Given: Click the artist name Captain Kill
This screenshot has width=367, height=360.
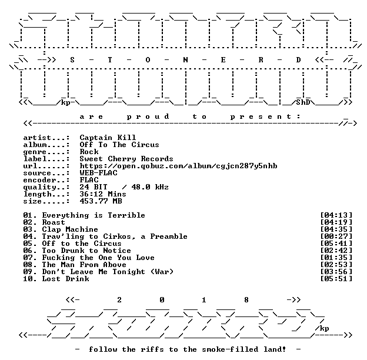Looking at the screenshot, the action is (108, 138).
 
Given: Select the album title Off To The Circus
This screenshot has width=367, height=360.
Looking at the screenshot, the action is (119, 145).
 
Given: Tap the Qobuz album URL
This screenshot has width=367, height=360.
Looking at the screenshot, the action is (178, 166).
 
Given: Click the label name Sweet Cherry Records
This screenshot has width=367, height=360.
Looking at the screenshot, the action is (126, 159).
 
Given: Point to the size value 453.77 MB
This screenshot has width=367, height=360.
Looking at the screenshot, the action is (101, 201).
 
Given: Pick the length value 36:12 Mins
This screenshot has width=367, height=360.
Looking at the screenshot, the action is (103, 194).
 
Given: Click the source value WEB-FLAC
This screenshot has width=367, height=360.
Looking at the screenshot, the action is (98, 173).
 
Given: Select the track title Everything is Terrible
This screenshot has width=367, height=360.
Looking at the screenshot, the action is (94, 215).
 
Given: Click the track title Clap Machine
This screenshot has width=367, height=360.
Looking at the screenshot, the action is (70, 229).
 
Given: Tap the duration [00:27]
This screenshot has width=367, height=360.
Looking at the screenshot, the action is (336, 236).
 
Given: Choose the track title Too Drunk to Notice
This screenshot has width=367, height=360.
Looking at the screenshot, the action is (86, 251).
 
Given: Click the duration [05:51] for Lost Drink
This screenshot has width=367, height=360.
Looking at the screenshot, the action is (336, 279).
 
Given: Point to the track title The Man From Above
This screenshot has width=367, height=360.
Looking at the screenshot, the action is (84, 265).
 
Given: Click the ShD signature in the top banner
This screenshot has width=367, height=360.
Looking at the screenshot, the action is (303, 102).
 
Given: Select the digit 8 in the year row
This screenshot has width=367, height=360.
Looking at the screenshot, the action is (246, 300).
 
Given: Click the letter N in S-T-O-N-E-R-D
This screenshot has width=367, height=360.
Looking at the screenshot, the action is (185, 60).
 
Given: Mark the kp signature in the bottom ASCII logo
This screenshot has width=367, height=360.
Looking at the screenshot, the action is (324, 329).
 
